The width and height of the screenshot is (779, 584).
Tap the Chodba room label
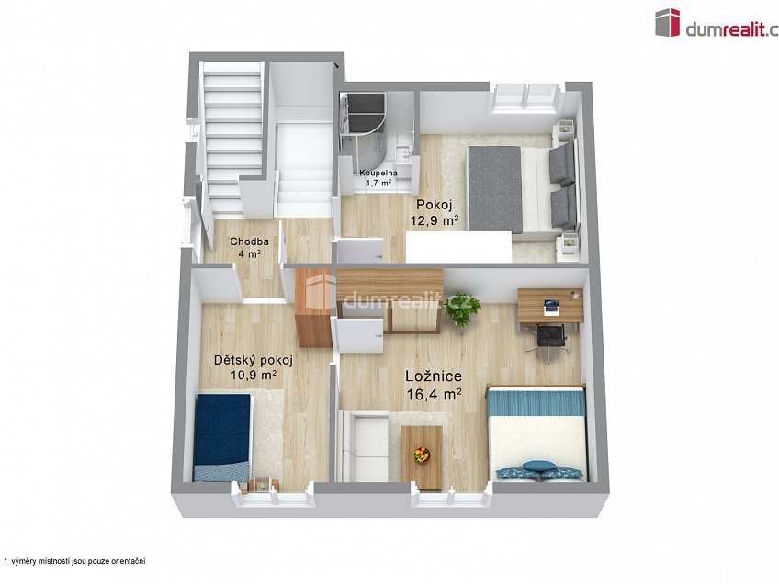[x=243, y=242]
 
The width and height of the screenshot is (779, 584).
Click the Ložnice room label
[x=434, y=376]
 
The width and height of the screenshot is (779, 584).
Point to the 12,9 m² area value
[x=437, y=220]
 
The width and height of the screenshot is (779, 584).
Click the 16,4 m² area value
[x=434, y=394]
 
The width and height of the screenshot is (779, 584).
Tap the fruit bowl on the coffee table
[x=423, y=453]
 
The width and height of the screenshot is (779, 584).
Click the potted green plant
[x=461, y=309]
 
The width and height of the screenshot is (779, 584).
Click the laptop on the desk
[x=551, y=302]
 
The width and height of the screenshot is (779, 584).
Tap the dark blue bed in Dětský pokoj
[x=223, y=436]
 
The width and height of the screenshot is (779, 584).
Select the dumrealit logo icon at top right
[x=667, y=22]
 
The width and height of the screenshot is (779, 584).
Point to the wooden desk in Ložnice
[x=549, y=308]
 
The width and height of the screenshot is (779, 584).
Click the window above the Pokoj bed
[x=525, y=95]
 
